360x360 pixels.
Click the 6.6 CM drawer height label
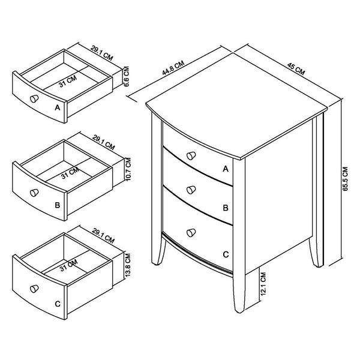(126, 77)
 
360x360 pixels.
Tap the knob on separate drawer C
(35, 286)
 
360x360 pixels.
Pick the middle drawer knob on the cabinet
(191, 190)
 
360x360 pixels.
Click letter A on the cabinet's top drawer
(226, 169)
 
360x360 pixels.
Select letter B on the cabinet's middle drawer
(226, 208)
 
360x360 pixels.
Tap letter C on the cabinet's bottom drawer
(226, 254)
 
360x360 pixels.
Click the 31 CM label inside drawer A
(68, 80)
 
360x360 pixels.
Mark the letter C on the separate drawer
(57, 304)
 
